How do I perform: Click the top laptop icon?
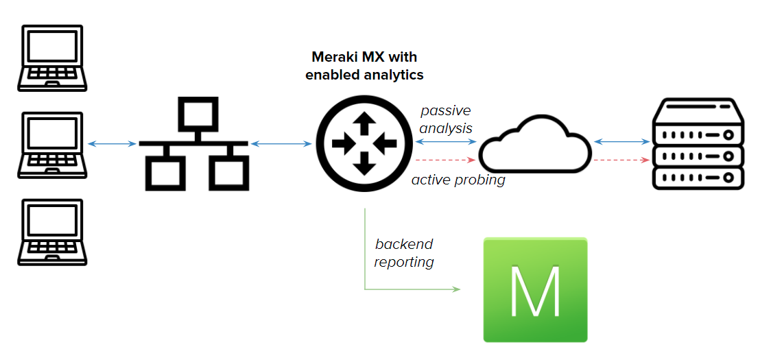(53, 58)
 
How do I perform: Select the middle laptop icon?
(53, 145)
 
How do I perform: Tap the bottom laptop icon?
(53, 232)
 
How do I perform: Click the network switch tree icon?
(193, 143)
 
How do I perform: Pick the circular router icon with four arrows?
(364, 143)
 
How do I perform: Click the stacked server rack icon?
(698, 143)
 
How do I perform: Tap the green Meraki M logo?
(535, 289)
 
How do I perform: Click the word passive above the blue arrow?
(446, 110)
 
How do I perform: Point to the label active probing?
(458, 180)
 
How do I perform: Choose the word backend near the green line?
(404, 244)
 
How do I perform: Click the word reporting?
(404, 261)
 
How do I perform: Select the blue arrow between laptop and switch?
(112, 143)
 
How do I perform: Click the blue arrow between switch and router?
(281, 143)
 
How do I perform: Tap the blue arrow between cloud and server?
(621, 142)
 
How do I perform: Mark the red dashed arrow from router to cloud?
(444, 160)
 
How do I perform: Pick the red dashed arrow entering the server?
(621, 160)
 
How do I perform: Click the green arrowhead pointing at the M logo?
(455, 289)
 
